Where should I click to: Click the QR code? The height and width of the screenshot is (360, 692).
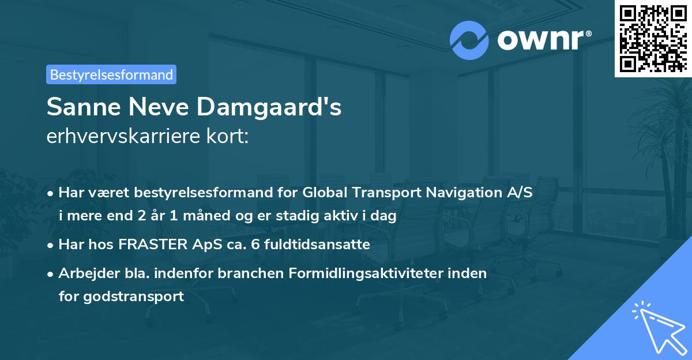pyautogui.click(x=653, y=38)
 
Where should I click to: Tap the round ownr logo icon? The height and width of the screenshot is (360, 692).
pyautogui.click(x=469, y=40)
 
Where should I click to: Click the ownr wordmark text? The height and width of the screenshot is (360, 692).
pyautogui.click(x=543, y=40)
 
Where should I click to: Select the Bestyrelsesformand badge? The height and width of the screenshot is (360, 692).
pyautogui.click(x=111, y=74)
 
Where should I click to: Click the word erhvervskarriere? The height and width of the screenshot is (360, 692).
pyautogui.click(x=125, y=137)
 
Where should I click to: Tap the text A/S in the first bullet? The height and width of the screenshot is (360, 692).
pyautogui.click(x=517, y=193)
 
